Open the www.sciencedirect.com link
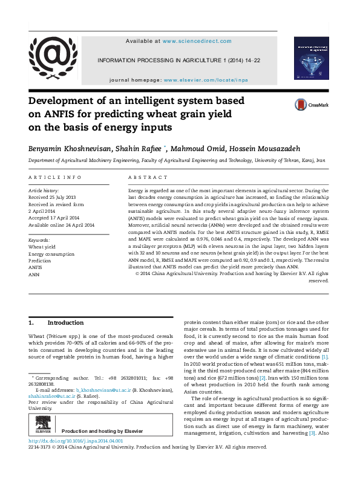(197, 41)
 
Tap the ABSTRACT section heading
(148, 177)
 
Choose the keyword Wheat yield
(42, 247)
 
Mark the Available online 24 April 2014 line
(62, 225)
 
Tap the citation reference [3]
(312, 417)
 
